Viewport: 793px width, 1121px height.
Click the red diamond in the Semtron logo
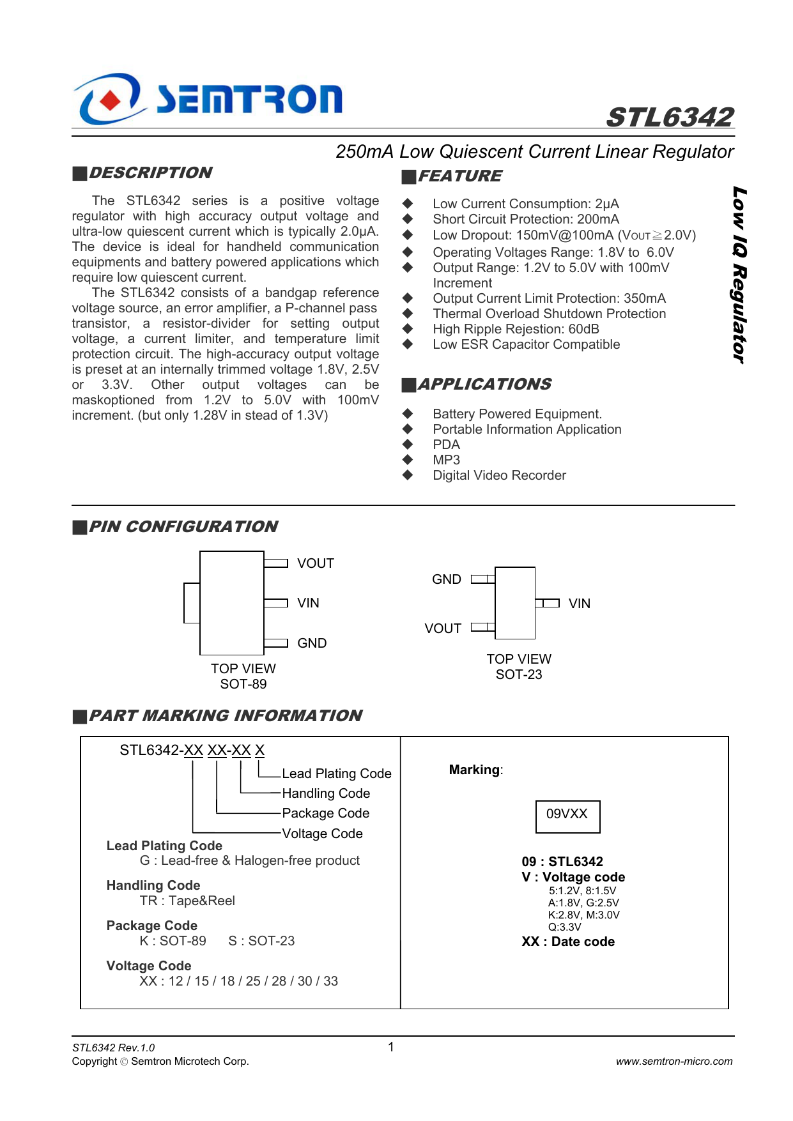tap(111, 100)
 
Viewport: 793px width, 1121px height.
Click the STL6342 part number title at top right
tap(670, 118)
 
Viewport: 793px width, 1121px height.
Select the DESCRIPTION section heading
tap(150, 173)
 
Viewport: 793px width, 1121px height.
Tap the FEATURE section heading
tap(459, 176)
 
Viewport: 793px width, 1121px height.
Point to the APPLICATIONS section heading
tap(484, 385)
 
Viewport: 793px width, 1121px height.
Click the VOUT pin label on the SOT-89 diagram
tap(316, 563)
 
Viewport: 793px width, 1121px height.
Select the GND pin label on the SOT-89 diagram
tap(312, 643)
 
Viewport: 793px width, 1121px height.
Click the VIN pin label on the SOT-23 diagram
tap(580, 604)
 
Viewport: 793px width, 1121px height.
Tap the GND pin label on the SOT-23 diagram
tap(446, 579)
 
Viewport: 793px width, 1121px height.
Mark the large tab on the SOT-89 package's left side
tap(192, 603)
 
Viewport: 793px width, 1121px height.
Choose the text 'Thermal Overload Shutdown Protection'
tap(549, 314)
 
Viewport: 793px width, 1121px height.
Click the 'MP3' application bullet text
tap(446, 460)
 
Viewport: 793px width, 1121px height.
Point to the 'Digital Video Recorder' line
tap(499, 475)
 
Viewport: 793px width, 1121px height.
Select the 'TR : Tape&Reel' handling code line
tap(187, 901)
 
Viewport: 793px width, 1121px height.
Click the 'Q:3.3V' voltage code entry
tap(565, 927)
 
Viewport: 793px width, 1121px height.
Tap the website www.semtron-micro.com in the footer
tap(674, 1062)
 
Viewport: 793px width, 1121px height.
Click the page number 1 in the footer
tap(391, 1047)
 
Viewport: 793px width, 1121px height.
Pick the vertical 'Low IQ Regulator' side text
tap(739, 275)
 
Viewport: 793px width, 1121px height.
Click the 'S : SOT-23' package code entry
tap(261, 941)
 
